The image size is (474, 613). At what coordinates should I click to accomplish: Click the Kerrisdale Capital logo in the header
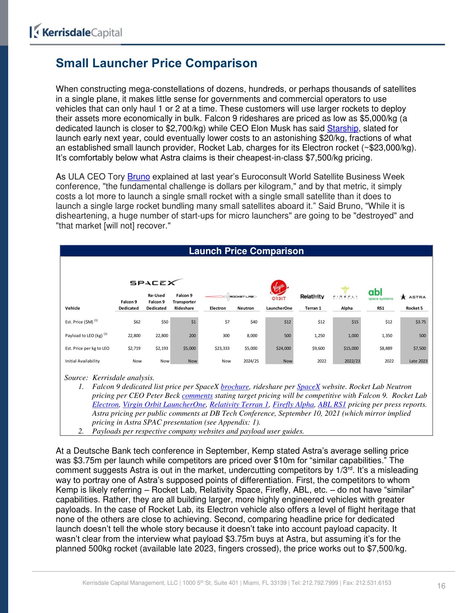coord(76,32)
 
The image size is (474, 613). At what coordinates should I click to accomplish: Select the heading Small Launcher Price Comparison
coord(156,63)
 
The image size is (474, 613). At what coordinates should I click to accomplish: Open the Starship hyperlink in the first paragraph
coord(342,129)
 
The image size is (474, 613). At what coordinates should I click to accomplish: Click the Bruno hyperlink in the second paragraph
coord(138,177)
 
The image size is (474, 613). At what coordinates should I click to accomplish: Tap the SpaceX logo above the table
coord(156,283)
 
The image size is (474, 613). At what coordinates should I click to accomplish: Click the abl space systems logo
coord(380,294)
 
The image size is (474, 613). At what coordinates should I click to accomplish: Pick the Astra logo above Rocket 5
coord(413,297)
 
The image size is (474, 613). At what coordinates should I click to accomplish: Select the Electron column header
coord(217,308)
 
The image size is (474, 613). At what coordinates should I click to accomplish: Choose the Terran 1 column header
coord(313,308)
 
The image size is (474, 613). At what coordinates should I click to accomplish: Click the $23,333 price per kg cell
coord(222,348)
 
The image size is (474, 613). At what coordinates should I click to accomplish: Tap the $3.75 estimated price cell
coord(420,322)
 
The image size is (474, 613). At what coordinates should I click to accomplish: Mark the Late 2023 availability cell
coord(418,361)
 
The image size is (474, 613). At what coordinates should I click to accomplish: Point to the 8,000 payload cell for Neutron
coord(252,335)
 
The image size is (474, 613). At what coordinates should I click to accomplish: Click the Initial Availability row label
coord(82,361)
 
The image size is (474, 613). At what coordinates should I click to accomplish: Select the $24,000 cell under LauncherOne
coord(283,348)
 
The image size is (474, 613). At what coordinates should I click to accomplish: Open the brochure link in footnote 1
coord(235,387)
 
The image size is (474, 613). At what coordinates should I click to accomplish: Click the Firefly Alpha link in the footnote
coord(293,405)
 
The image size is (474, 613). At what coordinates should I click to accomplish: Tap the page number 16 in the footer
coord(441,586)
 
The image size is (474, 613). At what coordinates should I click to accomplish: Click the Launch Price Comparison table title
coord(246,251)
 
